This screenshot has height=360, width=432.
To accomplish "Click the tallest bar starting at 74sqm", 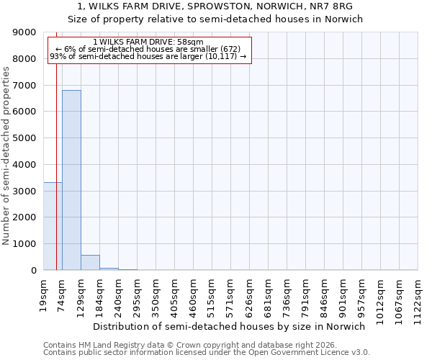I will point(71,180).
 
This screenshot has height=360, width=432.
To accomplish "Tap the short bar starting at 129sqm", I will point(90,263).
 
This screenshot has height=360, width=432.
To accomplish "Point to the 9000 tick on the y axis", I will point(27,33).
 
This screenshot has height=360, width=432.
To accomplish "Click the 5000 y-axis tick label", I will point(27,138).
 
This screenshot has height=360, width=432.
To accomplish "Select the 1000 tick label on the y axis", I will point(27,244).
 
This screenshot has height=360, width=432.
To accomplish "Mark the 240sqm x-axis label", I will point(119,293).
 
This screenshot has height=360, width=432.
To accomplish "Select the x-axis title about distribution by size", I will point(230,326).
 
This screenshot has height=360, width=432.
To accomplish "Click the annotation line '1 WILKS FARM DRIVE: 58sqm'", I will point(148,42).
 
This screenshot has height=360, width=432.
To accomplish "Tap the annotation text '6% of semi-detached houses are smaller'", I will point(148,49).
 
